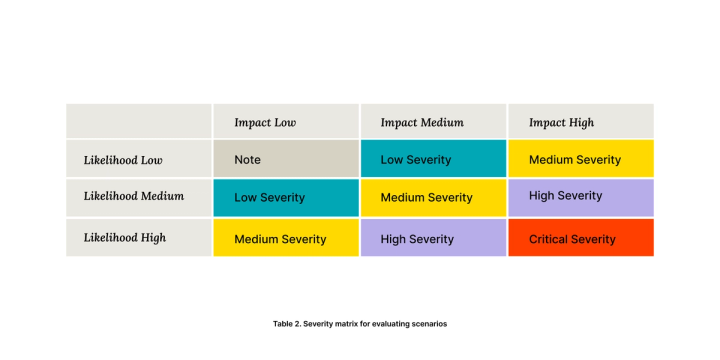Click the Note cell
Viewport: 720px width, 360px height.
point(286,158)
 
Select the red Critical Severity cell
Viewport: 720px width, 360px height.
point(581,237)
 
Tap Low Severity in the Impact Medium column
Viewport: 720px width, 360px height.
point(433,158)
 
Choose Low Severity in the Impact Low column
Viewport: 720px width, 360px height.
point(286,198)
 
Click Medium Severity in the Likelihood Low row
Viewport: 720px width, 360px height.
point(581,158)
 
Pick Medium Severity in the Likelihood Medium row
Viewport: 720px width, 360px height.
point(433,198)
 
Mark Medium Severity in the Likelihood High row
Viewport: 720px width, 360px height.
point(286,237)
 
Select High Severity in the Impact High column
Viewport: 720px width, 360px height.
point(581,198)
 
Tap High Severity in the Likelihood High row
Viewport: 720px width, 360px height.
point(433,237)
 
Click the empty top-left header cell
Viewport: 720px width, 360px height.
point(139,121)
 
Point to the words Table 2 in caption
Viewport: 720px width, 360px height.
point(287,324)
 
